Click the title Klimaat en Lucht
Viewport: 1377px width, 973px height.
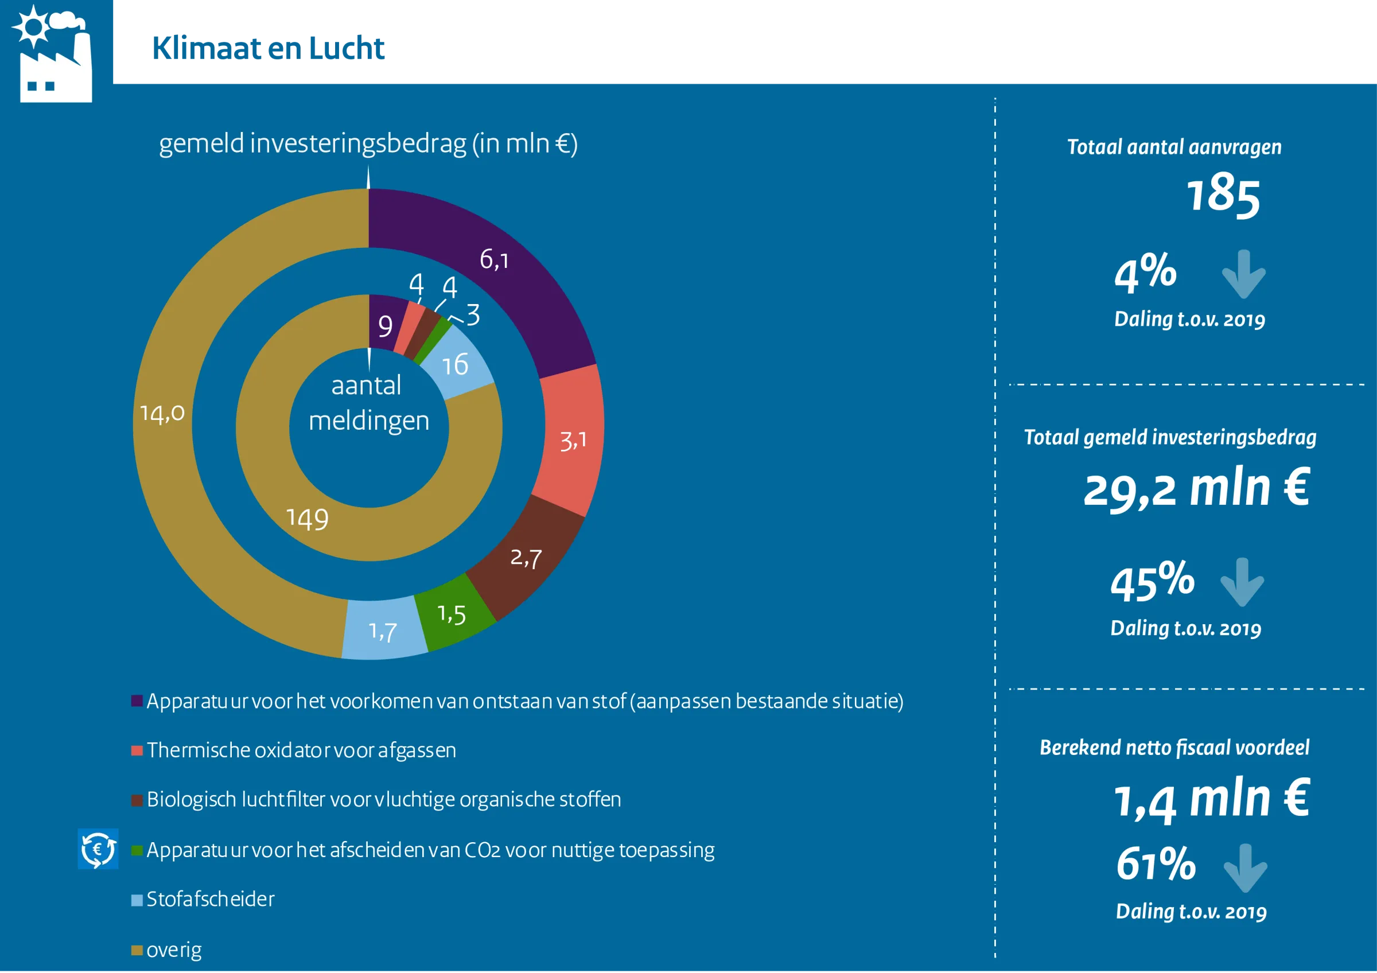tap(268, 49)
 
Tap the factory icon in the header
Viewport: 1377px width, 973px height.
tap(52, 54)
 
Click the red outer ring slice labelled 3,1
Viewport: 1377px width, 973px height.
tap(571, 441)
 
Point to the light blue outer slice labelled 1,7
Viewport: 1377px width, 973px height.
tap(384, 629)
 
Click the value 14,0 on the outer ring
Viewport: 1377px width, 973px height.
tap(162, 414)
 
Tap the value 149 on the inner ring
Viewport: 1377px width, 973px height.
tap(308, 519)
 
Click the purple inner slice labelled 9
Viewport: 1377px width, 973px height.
tap(384, 324)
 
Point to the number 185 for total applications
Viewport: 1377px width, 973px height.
tap(1223, 195)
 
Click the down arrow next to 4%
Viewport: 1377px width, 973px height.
tap(1244, 274)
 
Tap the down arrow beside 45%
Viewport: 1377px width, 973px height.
tap(1242, 582)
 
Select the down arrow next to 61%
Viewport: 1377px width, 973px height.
tap(1246, 868)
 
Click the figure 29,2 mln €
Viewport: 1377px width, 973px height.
tap(1197, 489)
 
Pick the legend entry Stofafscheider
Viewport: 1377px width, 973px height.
tap(203, 899)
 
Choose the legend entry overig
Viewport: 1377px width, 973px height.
tap(166, 950)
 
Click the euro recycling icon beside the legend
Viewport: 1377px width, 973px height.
tap(98, 849)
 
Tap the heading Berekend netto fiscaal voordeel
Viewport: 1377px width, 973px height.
tap(1174, 748)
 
